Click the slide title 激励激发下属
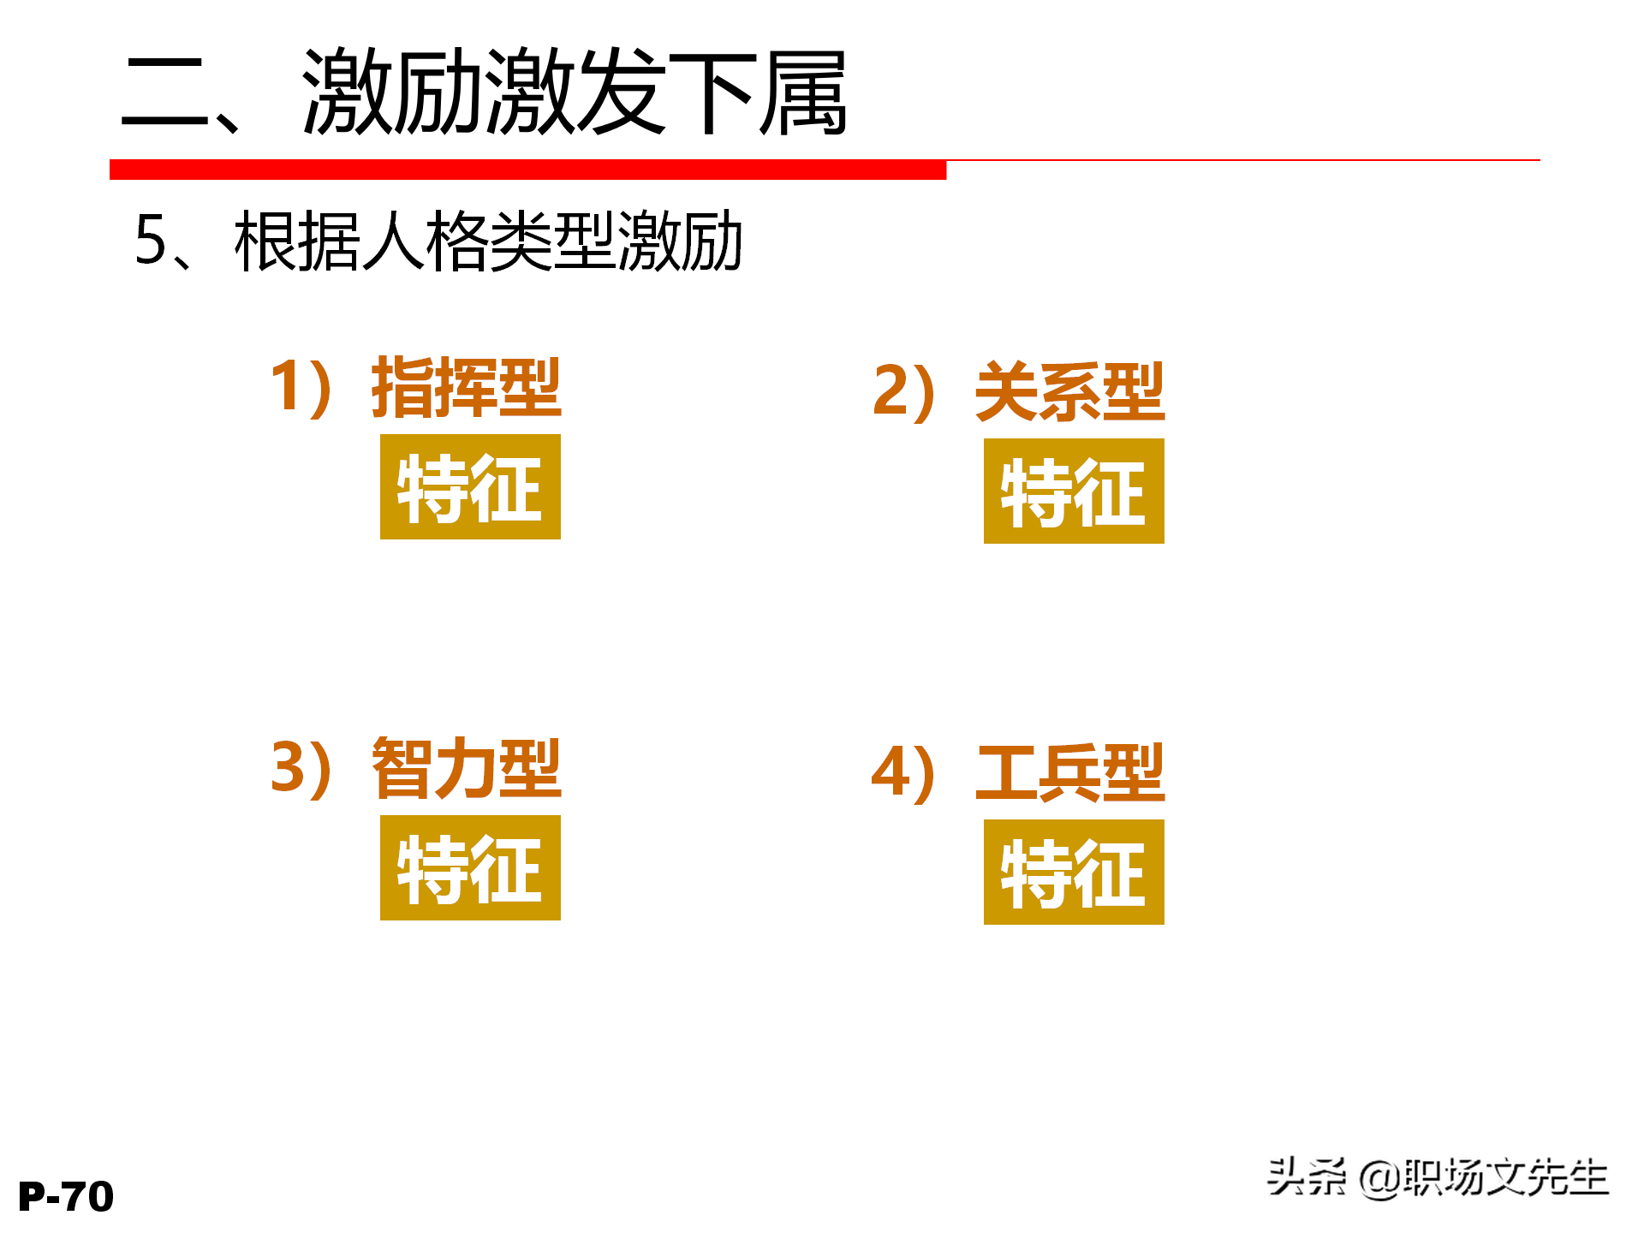pyautogui.click(x=574, y=92)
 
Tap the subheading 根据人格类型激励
pyautogui.click(x=488, y=241)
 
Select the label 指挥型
pyautogui.click(x=467, y=388)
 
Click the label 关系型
pyautogui.click(x=1070, y=392)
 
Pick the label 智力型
pyautogui.click(x=467, y=768)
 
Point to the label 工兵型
pyautogui.click(x=1070, y=772)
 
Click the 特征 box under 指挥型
pyautogui.click(x=470, y=487)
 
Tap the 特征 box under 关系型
pyautogui.click(x=1074, y=491)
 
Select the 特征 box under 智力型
pyautogui.click(x=470, y=868)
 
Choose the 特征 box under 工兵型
pyautogui.click(x=1074, y=873)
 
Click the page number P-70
pyautogui.click(x=66, y=1196)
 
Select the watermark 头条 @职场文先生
pyautogui.click(x=1438, y=1177)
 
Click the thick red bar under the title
pyautogui.click(x=527, y=170)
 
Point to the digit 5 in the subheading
pyautogui.click(x=151, y=241)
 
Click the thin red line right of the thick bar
pyautogui.click(x=1242, y=160)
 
